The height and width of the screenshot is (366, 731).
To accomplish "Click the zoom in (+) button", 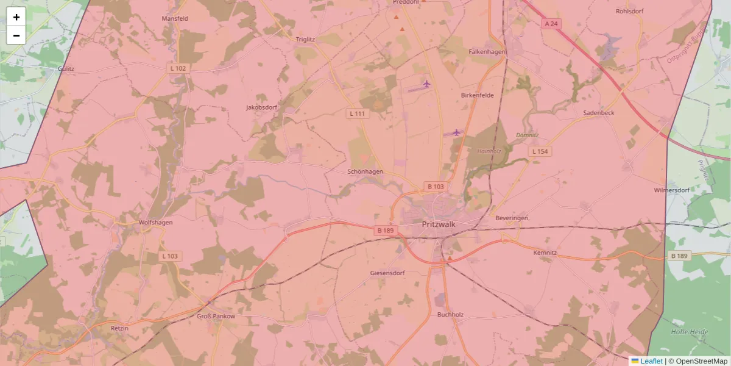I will [x=16, y=17].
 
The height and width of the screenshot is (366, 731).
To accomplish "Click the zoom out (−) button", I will [x=16, y=35].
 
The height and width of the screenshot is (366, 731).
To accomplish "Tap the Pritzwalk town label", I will [x=439, y=224].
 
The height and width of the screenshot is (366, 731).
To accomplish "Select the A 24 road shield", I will [x=551, y=24].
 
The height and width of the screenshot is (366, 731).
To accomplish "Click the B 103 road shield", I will [x=436, y=187].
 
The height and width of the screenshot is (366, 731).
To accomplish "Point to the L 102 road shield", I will [x=178, y=68].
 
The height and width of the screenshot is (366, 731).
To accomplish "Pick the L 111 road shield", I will [x=358, y=113].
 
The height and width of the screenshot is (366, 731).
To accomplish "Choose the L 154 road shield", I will [x=540, y=151].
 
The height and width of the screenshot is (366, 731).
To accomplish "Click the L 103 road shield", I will [x=170, y=256].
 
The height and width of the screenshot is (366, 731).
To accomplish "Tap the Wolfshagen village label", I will [x=156, y=223].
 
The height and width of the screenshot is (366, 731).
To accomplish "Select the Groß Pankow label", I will [x=216, y=317].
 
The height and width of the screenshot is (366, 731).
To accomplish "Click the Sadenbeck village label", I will [x=599, y=113].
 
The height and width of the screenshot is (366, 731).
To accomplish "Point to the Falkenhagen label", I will [x=487, y=52].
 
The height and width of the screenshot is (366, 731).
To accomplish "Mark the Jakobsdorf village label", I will [x=261, y=107].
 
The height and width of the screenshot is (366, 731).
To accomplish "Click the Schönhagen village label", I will [x=365, y=172].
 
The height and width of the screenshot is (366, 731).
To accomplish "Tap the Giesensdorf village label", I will [x=387, y=273].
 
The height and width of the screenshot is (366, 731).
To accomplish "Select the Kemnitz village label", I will [x=545, y=253].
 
